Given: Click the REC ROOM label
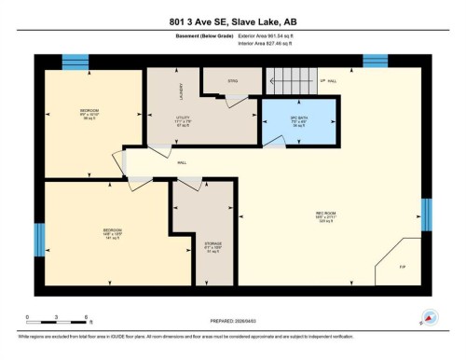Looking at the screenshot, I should click(x=324, y=218).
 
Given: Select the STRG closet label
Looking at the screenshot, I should click(x=232, y=82).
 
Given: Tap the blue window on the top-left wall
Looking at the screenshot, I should click(x=75, y=62).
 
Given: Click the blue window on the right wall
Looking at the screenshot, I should click(x=427, y=213).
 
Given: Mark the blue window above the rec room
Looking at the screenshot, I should click(x=375, y=62).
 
